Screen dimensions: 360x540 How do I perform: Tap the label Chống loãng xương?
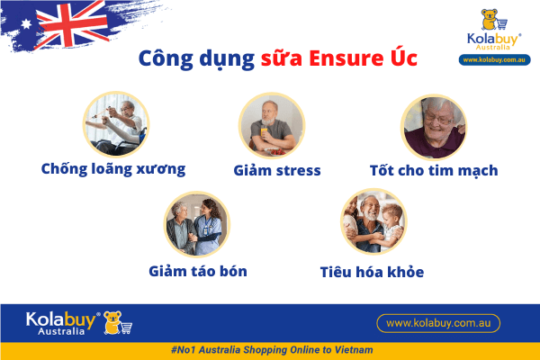pyautogui.click(x=113, y=168)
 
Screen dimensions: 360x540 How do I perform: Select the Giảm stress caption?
pyautogui.click(x=277, y=169)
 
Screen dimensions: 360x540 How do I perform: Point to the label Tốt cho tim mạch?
pyautogui.click(x=434, y=169)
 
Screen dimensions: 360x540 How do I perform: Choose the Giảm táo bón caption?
pyautogui.click(x=198, y=270)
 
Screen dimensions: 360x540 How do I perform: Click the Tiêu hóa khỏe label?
pyautogui.click(x=372, y=271)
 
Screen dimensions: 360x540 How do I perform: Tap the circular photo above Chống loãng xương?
pyautogui.click(x=116, y=125)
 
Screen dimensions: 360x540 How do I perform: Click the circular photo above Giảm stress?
pyautogui.click(x=271, y=125)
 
